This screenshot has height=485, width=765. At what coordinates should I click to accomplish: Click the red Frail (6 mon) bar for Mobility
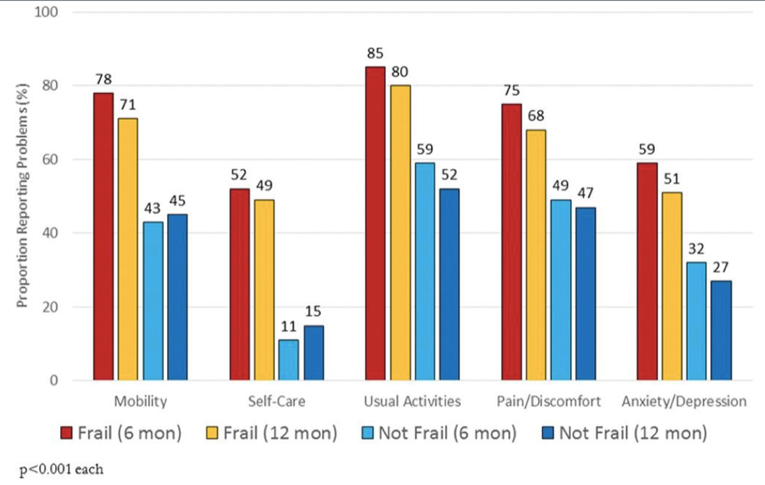click(x=103, y=236)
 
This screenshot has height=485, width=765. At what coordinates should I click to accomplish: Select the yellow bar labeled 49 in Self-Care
click(x=264, y=290)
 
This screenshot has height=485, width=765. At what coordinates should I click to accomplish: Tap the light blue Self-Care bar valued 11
click(x=289, y=360)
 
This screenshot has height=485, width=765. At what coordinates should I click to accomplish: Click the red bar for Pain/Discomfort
click(x=511, y=242)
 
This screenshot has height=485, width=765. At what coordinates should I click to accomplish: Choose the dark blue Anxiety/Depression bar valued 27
click(x=721, y=330)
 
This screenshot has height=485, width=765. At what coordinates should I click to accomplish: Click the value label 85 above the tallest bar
click(x=375, y=53)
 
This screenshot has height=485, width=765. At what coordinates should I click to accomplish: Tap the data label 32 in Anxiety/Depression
click(x=696, y=249)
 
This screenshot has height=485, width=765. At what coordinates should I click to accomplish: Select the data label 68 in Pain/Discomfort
click(x=536, y=116)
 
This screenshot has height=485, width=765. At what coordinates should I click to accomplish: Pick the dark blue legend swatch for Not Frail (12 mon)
click(x=547, y=434)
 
